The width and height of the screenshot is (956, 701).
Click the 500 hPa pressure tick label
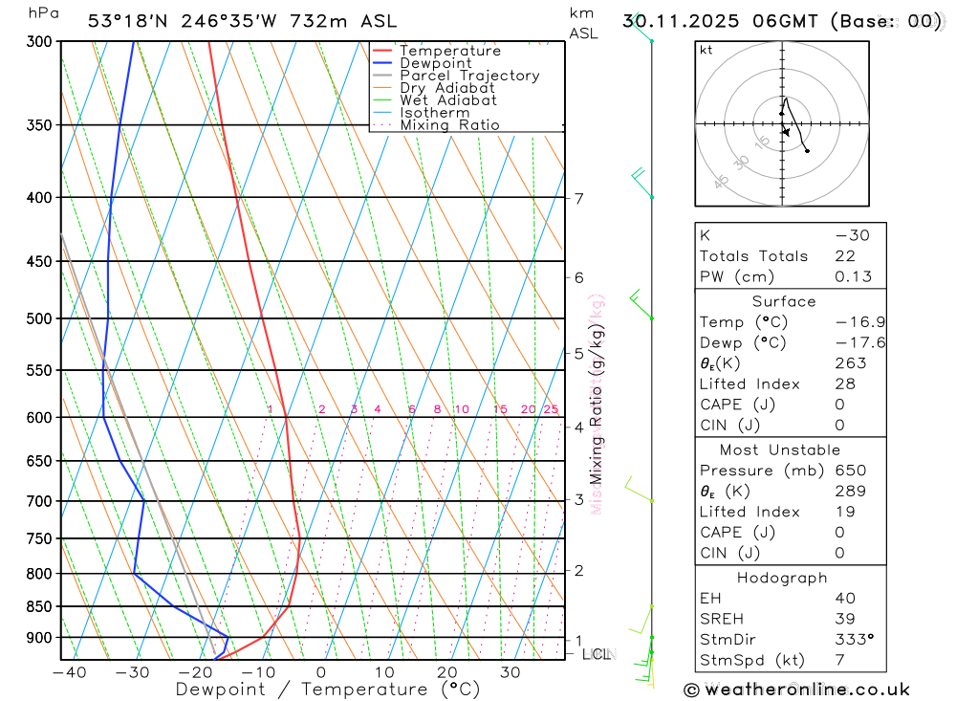40,318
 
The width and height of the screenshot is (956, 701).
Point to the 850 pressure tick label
40,606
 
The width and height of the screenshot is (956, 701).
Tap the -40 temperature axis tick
69,672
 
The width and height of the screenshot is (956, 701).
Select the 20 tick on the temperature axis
446,672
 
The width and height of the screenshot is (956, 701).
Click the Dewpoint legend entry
435,63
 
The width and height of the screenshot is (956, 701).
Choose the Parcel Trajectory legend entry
469,76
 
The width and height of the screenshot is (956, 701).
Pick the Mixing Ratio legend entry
449,125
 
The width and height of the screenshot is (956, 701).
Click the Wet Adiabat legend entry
448,100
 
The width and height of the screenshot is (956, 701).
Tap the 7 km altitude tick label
578,198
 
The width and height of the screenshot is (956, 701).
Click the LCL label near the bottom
597,654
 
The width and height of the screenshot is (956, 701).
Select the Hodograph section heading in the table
783,578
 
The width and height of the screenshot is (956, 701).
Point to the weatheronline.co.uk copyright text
797,689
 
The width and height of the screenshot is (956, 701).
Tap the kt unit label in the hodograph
706,50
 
